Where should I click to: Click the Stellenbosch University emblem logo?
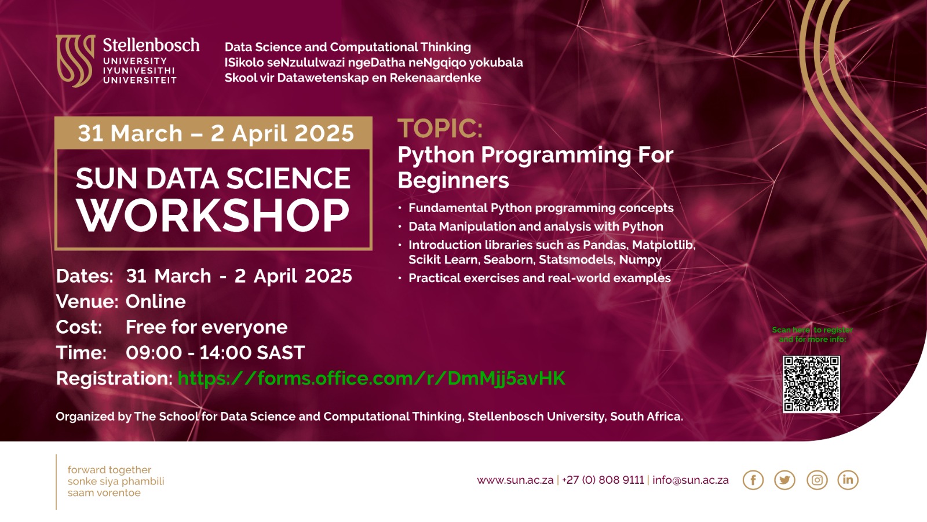(75, 60)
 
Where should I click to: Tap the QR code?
(811, 384)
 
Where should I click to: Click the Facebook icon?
(753, 480)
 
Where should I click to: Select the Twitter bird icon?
(784, 480)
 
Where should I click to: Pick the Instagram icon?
(817, 480)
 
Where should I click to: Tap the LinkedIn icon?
(848, 480)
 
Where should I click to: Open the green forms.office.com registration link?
(371, 378)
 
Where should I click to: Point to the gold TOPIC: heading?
(440, 128)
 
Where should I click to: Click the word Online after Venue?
(156, 302)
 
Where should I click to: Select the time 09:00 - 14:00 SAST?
(215, 353)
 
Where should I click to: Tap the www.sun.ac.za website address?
(515, 480)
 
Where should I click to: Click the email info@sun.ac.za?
(691, 480)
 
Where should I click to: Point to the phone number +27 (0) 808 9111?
(603, 480)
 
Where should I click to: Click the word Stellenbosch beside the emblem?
(151, 45)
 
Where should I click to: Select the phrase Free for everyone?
(206, 327)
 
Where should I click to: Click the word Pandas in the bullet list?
(605, 245)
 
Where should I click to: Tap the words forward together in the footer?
(110, 470)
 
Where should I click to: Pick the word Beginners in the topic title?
(454, 181)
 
